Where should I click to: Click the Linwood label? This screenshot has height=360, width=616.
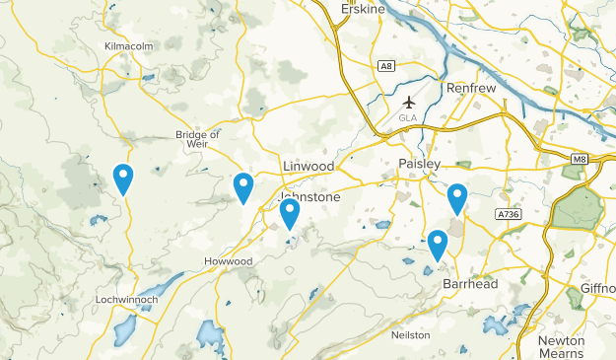pyautogui.click(x=308, y=165)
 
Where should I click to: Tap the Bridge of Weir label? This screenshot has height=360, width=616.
pyautogui.click(x=197, y=140)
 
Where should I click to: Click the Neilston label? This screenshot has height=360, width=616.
pyautogui.click(x=411, y=335)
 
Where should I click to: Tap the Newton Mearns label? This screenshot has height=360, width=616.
pyautogui.click(x=562, y=346)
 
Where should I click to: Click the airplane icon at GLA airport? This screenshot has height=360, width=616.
pyautogui.click(x=410, y=102)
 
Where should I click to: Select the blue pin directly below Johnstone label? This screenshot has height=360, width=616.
pyautogui.click(x=290, y=213)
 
